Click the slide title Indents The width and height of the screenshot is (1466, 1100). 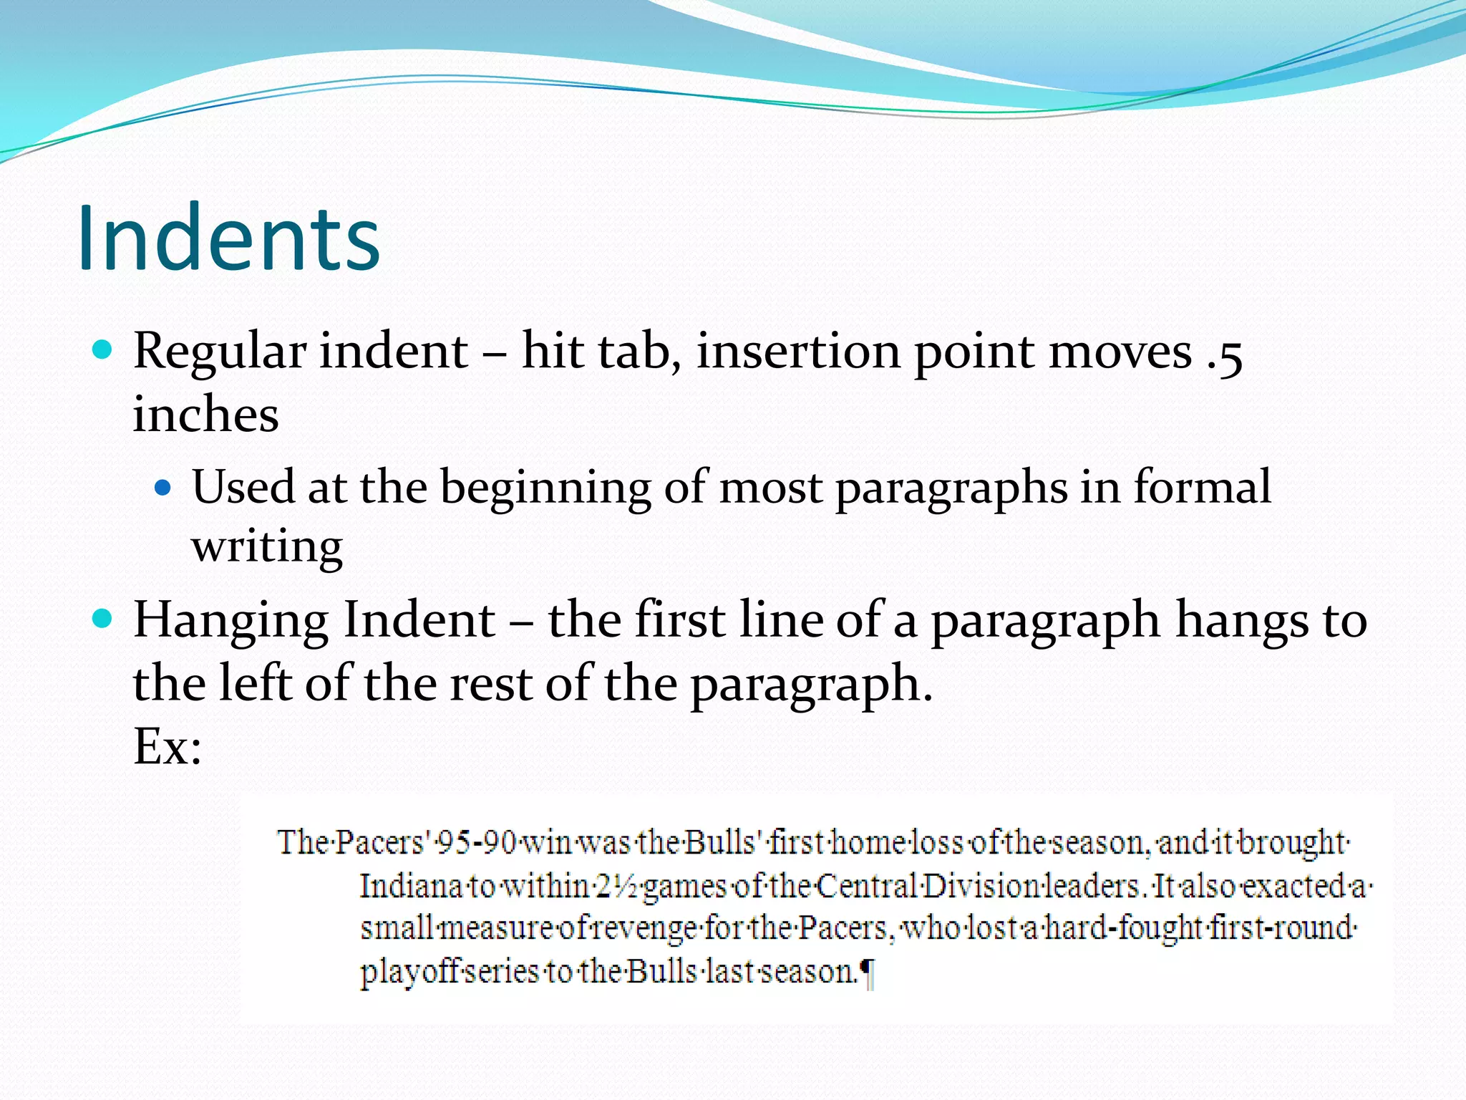pos(228,238)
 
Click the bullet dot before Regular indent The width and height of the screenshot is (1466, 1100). pos(103,349)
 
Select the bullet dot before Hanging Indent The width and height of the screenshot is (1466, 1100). pos(103,617)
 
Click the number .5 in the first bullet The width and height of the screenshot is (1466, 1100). pos(1224,353)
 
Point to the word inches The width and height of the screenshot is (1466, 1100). pos(205,415)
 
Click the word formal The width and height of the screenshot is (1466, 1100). pos(1202,487)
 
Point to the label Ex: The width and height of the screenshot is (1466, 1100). pos(168,747)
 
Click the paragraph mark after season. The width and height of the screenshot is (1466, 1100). pos(866,973)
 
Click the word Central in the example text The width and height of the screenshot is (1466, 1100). pos(865,887)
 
